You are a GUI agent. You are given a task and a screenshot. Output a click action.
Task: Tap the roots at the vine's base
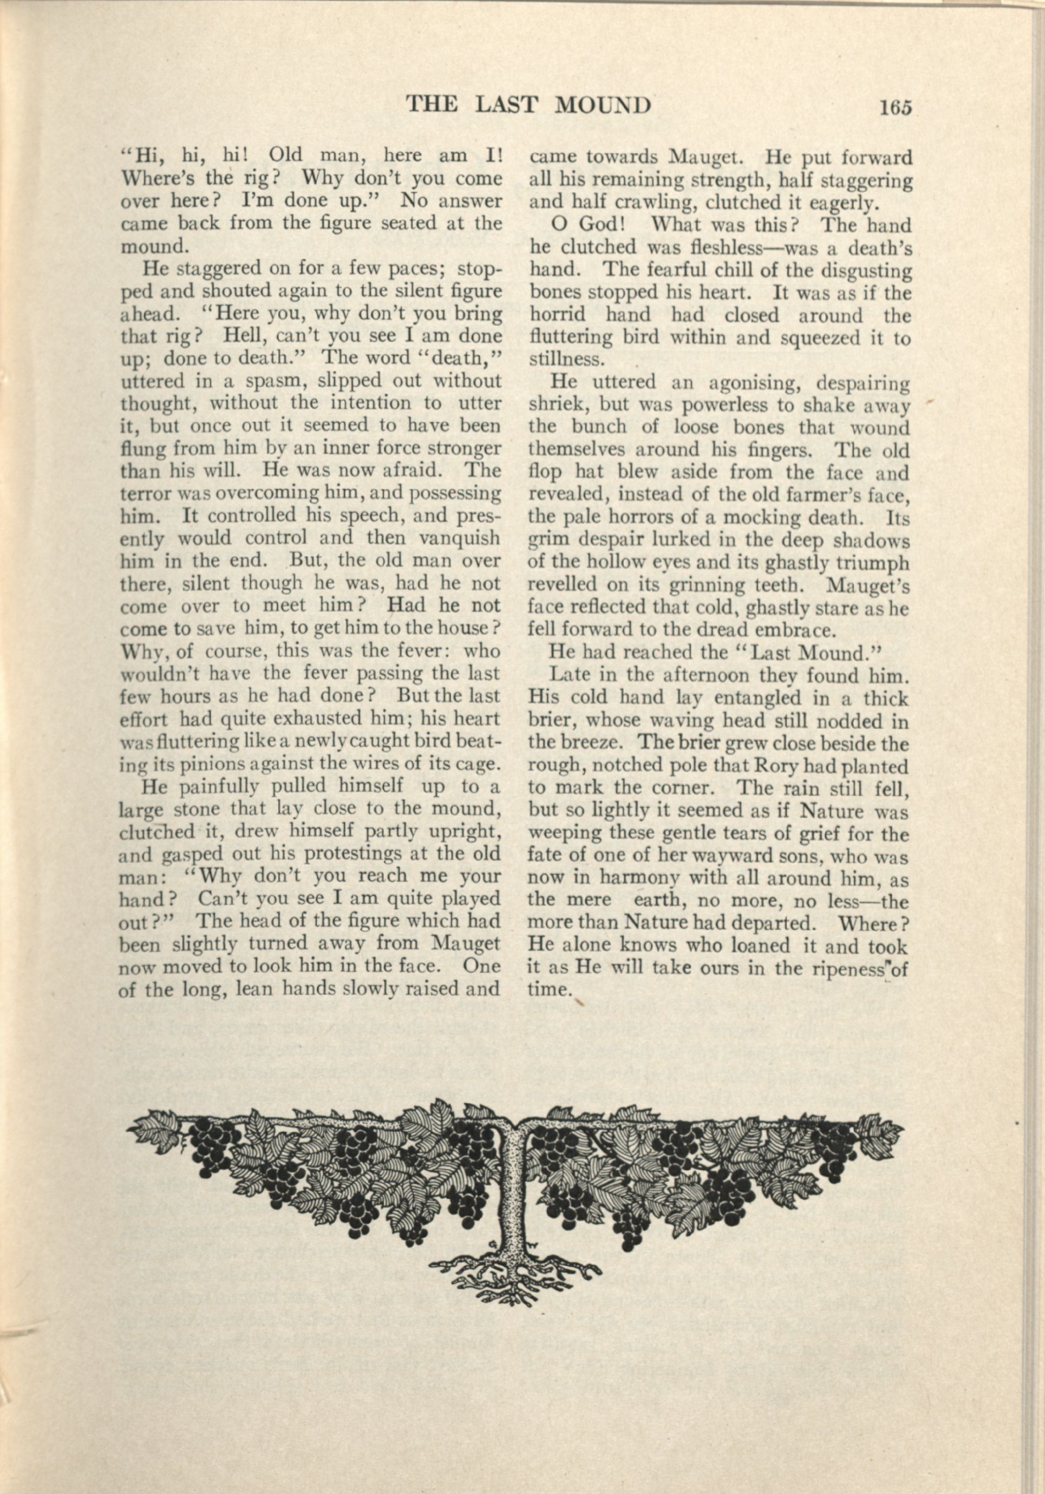514,1239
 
